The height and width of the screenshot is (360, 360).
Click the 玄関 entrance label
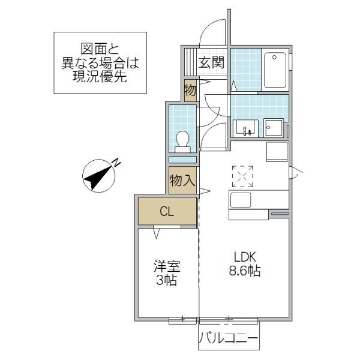coord(212,61)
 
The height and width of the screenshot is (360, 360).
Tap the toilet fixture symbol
coord(182,140)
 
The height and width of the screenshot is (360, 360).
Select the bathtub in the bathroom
coord(275,70)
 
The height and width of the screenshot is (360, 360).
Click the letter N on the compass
coord(117,161)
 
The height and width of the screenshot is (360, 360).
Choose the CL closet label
coord(167,211)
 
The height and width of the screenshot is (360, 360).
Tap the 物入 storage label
coord(182,181)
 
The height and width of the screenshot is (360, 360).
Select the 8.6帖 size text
coord(244,271)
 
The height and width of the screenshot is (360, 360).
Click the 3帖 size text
coord(167,281)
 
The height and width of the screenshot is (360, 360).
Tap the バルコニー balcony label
coord(229,340)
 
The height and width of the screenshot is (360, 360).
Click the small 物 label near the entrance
coord(190,91)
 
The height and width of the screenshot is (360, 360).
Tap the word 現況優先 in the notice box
coord(100,76)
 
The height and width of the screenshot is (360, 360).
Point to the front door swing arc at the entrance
coord(211,33)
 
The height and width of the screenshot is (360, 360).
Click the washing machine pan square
coord(274,128)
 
